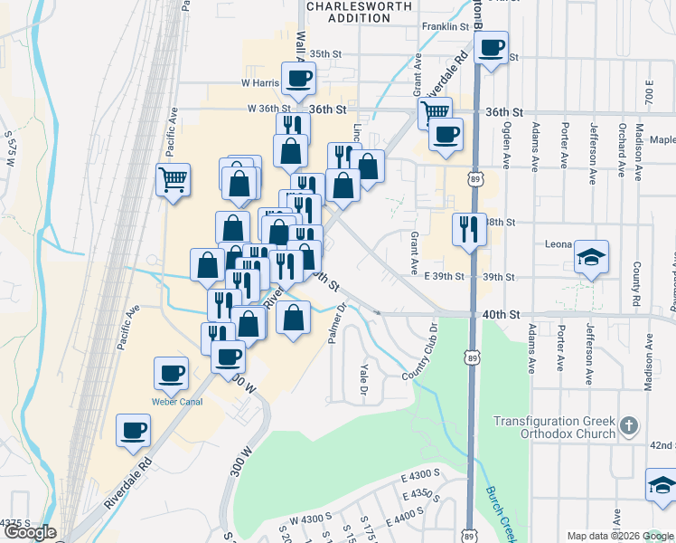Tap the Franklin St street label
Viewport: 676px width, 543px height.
click(x=446, y=26)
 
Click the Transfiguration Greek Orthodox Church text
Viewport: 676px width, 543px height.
click(x=554, y=428)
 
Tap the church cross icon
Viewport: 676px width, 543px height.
click(x=630, y=424)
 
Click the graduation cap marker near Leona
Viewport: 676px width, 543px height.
click(x=591, y=259)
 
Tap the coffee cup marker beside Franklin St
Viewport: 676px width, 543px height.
click(x=491, y=48)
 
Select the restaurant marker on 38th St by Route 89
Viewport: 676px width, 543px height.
click(x=468, y=229)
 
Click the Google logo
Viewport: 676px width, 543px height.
click(x=29, y=532)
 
